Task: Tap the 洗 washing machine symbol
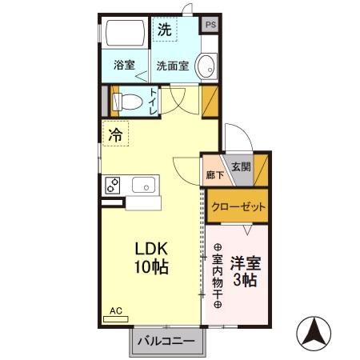(x=164, y=31)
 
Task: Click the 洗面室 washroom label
(x=173, y=66)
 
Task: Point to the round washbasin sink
(x=206, y=66)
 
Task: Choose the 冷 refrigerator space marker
(x=116, y=134)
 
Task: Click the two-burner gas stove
(x=112, y=185)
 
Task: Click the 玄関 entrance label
(x=241, y=167)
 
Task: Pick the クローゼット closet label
(x=238, y=206)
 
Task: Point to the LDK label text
(x=150, y=250)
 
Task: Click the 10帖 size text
(x=150, y=268)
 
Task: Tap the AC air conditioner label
(x=115, y=310)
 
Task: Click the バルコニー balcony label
(x=166, y=342)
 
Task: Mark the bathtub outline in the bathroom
(x=126, y=34)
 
